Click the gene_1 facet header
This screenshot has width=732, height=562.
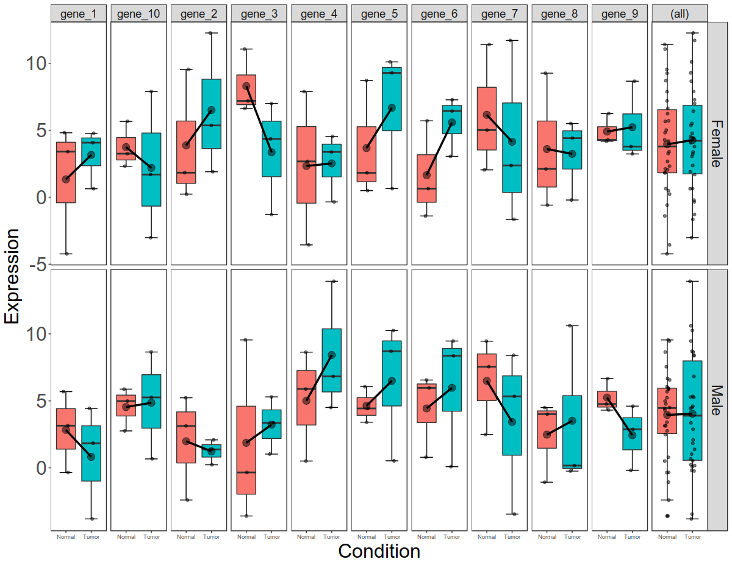tap(79, 13)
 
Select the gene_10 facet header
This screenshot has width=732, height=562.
tap(138, 13)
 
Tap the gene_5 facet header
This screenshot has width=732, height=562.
tap(379, 13)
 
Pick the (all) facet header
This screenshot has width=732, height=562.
tap(679, 13)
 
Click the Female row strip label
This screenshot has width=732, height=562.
tap(717, 142)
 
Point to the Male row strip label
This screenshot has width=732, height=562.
tap(717, 400)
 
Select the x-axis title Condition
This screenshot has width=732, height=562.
tap(379, 551)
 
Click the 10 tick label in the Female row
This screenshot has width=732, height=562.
tap(34, 63)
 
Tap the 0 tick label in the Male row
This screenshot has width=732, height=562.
tap(40, 468)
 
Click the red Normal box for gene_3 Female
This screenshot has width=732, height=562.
tap(246, 90)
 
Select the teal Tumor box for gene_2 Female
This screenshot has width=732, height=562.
tap(211, 113)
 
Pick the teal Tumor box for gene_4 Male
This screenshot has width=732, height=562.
tap(331, 360)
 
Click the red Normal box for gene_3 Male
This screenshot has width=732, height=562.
tap(246, 450)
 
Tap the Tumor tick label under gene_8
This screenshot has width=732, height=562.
tap(572, 537)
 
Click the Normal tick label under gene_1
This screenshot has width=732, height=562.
tap(66, 537)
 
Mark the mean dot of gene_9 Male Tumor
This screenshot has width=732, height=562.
tap(633, 435)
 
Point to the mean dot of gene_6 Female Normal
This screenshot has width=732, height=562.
tap(427, 175)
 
